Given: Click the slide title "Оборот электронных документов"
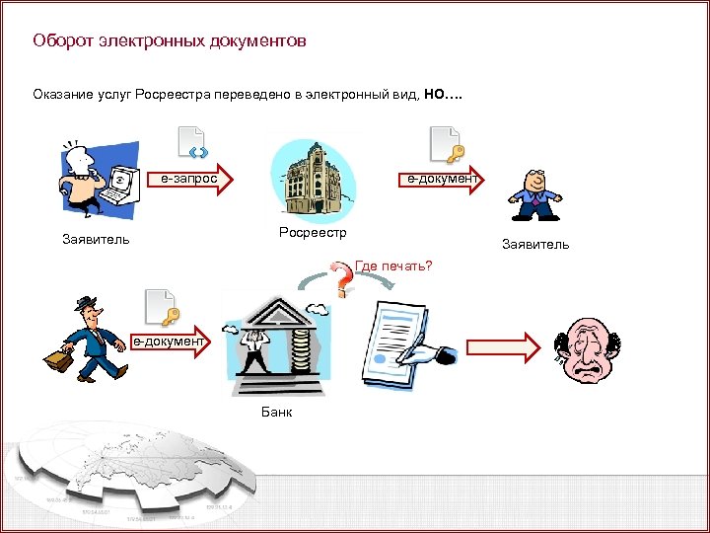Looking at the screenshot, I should [169, 41].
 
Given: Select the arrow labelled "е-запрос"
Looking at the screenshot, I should [188, 179].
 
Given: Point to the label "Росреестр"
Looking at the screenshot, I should [314, 233].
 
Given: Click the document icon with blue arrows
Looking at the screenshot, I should [190, 143].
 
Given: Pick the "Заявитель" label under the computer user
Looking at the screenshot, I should [96, 240].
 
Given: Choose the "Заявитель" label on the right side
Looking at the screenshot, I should [534, 244].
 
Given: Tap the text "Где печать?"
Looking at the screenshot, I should [393, 266].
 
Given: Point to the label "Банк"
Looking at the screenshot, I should [277, 412].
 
